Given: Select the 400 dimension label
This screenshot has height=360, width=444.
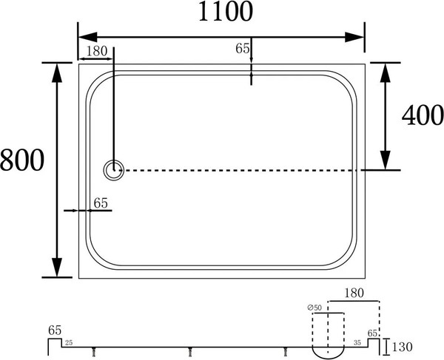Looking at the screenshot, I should (422, 115).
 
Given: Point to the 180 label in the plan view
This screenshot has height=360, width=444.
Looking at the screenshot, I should (98, 51).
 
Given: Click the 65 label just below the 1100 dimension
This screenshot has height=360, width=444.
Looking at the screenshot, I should (242, 49).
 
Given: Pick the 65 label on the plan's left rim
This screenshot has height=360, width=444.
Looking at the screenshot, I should (101, 203).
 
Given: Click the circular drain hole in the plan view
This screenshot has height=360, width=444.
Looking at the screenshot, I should (114, 170).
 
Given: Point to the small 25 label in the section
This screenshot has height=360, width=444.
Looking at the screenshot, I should (68, 344).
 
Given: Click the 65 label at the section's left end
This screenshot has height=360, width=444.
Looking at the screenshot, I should (54, 330).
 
